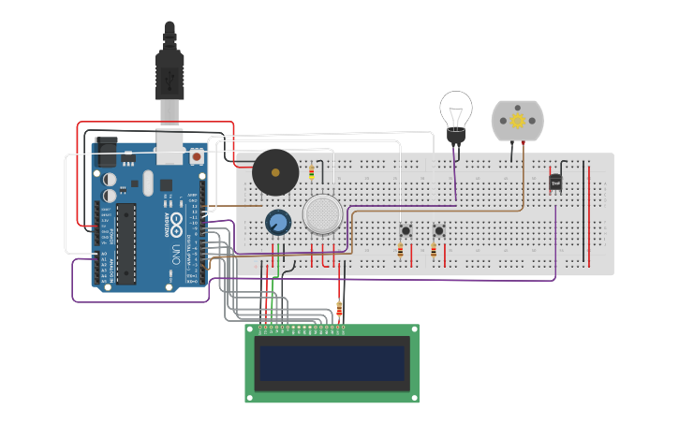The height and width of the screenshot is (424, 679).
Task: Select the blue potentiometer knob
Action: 277,222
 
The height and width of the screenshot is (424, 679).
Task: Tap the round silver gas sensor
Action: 322,214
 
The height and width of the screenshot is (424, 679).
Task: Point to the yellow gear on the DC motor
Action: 517,121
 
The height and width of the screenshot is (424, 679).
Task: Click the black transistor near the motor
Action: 556,183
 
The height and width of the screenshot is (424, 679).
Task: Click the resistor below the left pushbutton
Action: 401,250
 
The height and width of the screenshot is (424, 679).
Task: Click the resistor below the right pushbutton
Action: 433,250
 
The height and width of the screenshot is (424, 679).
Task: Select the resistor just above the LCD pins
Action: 339,309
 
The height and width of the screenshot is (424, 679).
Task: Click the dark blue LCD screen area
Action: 332,363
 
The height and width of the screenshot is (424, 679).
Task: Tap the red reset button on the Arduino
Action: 197,157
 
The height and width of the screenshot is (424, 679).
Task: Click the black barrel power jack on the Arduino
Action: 104,152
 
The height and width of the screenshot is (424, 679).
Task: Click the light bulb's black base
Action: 456,137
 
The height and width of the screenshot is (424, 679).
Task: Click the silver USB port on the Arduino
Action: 170,145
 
